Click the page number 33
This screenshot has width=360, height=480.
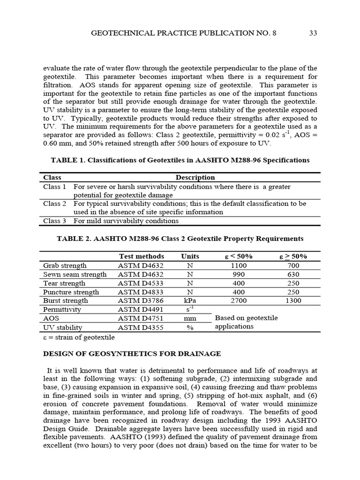coord(314,33)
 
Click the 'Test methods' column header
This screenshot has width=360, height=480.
coord(141,256)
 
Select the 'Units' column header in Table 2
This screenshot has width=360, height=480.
coord(190,256)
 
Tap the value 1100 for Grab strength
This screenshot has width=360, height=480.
coord(239,266)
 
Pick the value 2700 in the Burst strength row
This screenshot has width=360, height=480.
coord(239,301)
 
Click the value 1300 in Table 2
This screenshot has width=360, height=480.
coord(293,301)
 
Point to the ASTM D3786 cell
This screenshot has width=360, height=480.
coord(139,301)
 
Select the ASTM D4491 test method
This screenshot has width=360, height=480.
coord(139,310)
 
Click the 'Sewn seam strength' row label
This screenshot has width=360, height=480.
coord(75,275)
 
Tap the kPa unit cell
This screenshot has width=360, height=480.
coord(190,301)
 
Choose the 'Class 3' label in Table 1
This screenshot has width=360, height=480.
coord(54,221)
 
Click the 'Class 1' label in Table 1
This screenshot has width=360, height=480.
coord(54,187)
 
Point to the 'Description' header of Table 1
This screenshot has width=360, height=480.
coord(195,178)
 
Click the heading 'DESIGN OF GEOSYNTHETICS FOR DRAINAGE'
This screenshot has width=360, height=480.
coord(132,354)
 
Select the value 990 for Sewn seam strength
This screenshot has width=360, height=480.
coord(239,275)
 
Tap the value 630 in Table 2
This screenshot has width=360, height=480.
coord(293,275)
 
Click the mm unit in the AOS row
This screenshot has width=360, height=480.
coord(190,319)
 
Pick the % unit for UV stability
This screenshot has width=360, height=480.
coord(190,328)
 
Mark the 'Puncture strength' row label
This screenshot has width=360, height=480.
coord(71,292)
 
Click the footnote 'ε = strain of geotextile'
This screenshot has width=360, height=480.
coord(78,337)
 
